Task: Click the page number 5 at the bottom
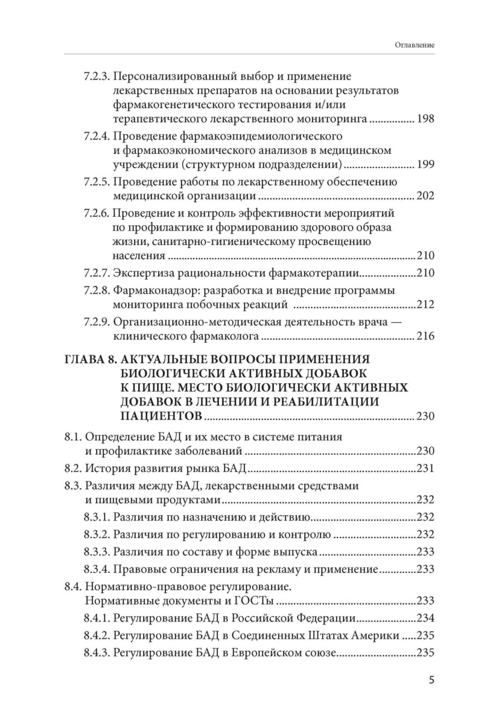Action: [431, 680]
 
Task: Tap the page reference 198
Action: [425, 119]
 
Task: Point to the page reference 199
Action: [425, 164]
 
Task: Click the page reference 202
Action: [425, 195]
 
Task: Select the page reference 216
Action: [425, 335]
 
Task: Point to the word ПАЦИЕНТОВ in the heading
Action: [161, 416]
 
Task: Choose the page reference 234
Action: [425, 618]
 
